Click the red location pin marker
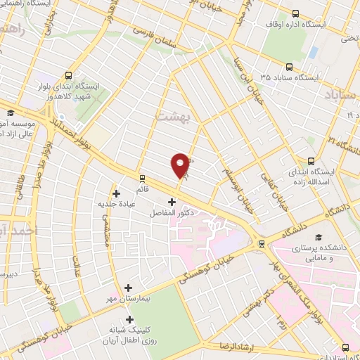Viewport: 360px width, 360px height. click(x=181, y=165)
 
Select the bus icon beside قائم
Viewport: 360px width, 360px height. click(x=143, y=178)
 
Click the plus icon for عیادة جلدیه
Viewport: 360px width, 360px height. click(x=117, y=193)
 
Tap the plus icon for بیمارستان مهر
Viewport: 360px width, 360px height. click(x=128, y=287)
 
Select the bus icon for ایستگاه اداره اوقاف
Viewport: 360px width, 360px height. click(x=295, y=13)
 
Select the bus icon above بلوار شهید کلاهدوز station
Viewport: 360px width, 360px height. click(x=67, y=75)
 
